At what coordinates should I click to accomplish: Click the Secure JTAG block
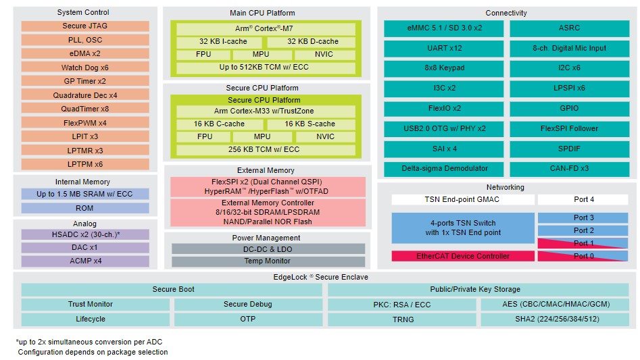point(85,26)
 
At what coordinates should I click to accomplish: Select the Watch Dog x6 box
point(85,68)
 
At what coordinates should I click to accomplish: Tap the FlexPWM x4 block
point(85,123)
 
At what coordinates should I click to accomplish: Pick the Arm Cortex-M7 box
point(266,28)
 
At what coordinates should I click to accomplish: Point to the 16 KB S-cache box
point(310,124)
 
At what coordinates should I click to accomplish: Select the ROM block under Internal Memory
point(85,208)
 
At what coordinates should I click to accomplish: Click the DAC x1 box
point(85,247)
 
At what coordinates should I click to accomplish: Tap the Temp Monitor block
point(268,261)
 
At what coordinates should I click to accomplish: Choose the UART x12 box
point(443,48)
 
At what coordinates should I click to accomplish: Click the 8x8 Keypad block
point(443,68)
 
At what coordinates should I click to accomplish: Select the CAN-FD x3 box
point(570,168)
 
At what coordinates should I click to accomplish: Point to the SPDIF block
point(570,149)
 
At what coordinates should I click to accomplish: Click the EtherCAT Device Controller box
point(463,256)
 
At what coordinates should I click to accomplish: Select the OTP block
point(248,319)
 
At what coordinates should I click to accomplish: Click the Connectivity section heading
point(506,13)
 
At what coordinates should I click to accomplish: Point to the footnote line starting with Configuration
point(93,352)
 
